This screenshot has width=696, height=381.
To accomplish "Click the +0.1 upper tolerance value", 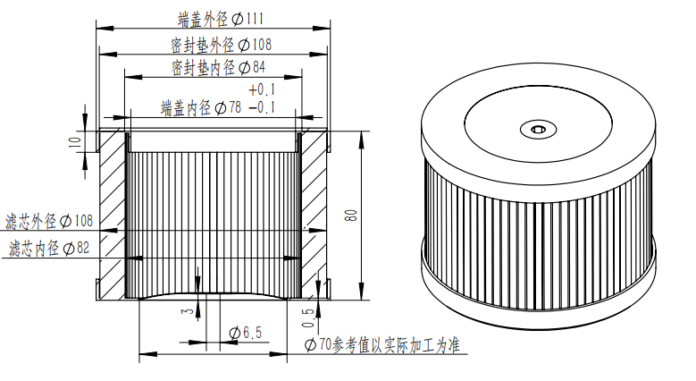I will pos(264,90).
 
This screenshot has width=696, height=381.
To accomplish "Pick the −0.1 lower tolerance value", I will pos(264,108).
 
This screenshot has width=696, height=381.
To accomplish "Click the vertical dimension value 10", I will pos(76,140).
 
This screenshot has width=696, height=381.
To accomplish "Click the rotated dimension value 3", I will pos(185,312).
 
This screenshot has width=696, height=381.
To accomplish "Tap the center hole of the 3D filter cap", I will pos(539,130).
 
